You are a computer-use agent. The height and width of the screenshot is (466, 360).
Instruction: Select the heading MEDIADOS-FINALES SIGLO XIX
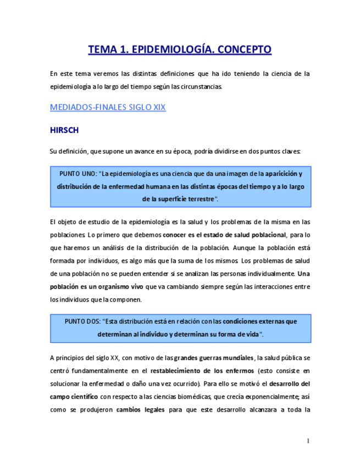tap(108, 107)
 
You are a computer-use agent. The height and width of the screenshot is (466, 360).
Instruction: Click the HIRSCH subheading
tap(65, 131)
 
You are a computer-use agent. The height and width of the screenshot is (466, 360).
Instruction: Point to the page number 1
tap(308, 441)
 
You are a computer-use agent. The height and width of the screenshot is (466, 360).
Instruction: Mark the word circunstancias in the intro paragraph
tap(200, 86)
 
